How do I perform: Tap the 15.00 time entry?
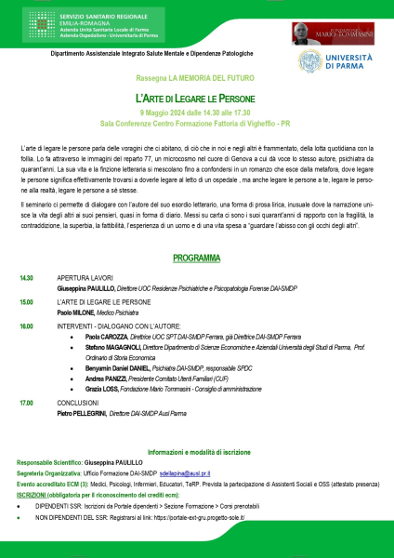point(26,302)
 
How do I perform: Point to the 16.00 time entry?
point(26,326)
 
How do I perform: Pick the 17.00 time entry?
point(26,402)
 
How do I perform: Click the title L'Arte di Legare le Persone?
point(195,98)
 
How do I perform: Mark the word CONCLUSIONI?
point(78,402)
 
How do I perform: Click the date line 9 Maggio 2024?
point(195,112)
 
